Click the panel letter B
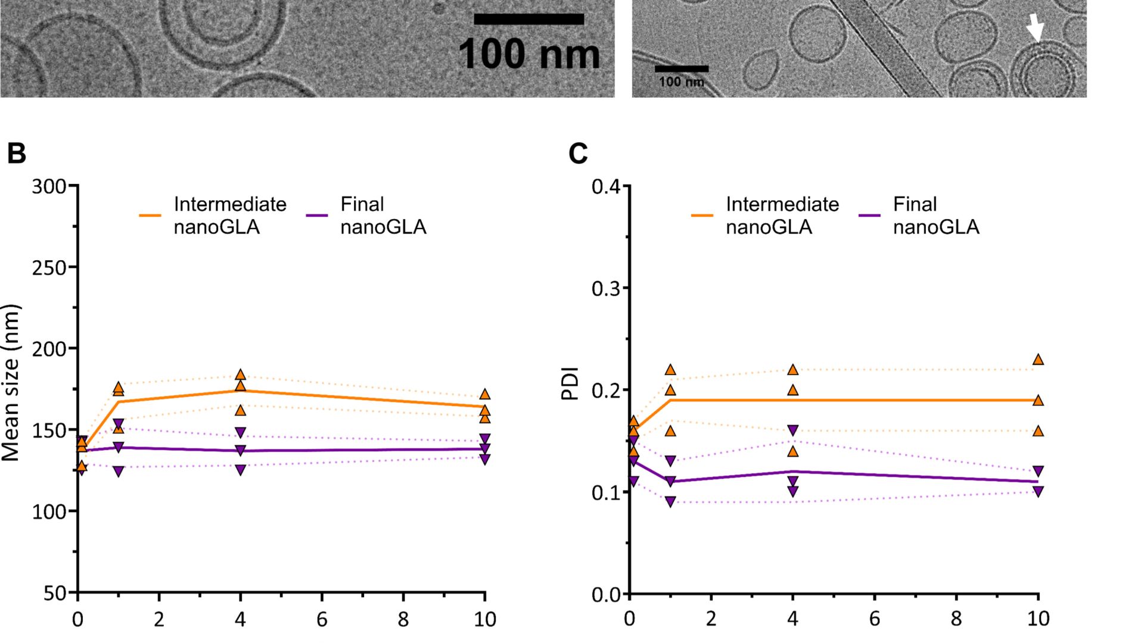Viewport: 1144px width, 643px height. [x=17, y=153]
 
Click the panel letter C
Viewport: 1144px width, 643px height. [x=578, y=153]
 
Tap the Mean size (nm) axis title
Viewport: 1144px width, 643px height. [x=11, y=383]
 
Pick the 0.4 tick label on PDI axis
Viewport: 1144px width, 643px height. [x=605, y=187]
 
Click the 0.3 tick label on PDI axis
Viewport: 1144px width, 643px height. [x=605, y=289]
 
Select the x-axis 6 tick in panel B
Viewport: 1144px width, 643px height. [x=322, y=619]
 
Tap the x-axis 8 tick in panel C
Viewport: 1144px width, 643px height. [x=956, y=619]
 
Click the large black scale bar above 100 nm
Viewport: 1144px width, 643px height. [x=529, y=19]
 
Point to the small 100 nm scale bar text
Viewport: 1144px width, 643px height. [x=681, y=82]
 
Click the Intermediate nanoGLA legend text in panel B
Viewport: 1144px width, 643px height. [x=230, y=216]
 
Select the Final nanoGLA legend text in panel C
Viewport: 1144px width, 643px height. [x=935, y=216]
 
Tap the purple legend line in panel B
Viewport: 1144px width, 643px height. [x=317, y=216]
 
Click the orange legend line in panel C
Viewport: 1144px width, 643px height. [x=702, y=216]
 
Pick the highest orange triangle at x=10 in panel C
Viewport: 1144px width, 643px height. [x=1038, y=360]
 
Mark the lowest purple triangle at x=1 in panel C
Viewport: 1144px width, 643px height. [x=670, y=502]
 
